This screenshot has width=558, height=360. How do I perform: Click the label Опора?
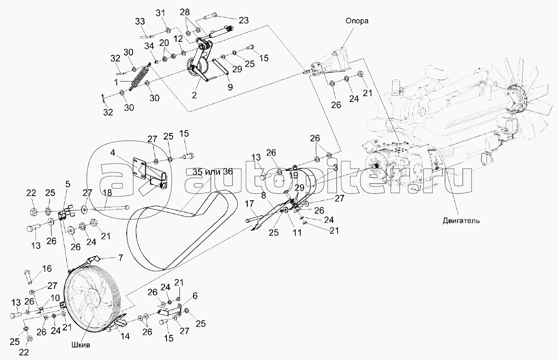coord(357,21)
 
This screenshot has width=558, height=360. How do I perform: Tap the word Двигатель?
coord(461,221)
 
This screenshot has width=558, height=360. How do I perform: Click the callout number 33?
coord(140,21)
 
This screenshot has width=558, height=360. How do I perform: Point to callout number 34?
coord(149,46)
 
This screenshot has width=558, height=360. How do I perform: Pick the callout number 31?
coord(161,13)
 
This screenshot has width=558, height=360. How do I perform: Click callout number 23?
coord(243,20)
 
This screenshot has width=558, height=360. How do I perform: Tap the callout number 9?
coord(230,87)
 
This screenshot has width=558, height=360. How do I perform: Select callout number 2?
coord(195,95)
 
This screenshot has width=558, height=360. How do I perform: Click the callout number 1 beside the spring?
coord(116,82)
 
